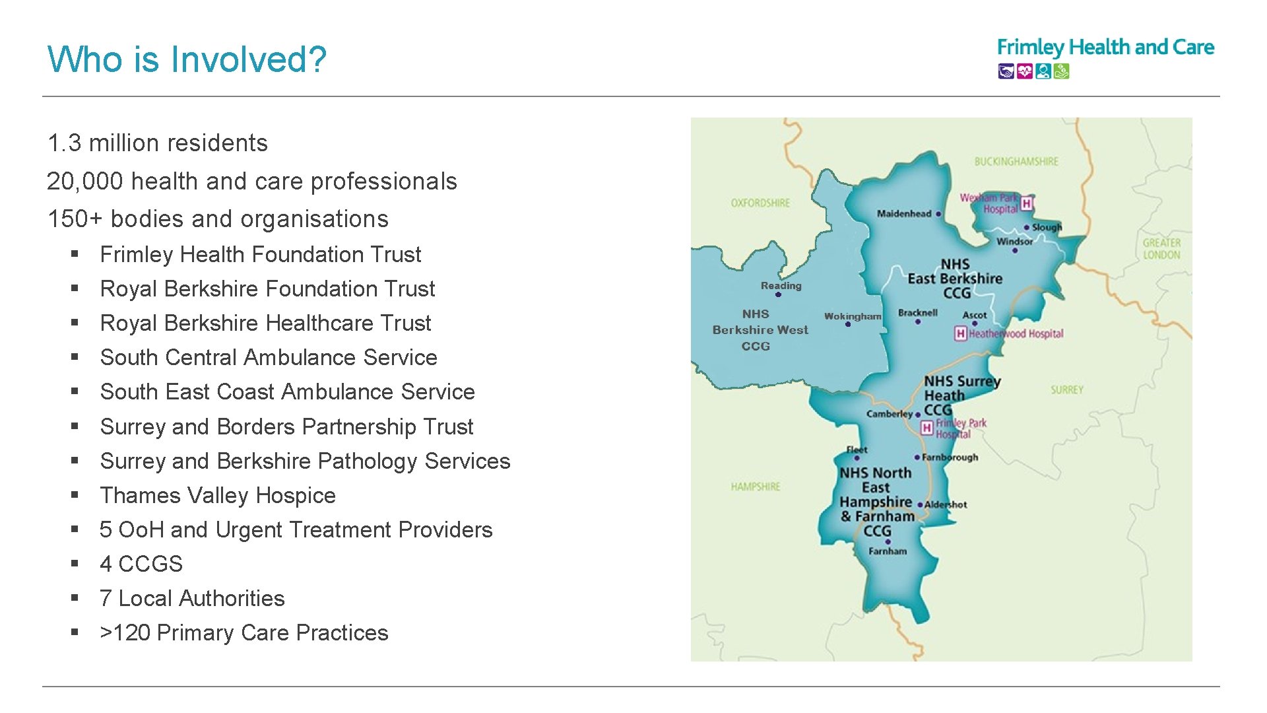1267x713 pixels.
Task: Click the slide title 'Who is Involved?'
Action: [x=187, y=59]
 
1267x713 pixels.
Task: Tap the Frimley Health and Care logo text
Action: [x=1105, y=48]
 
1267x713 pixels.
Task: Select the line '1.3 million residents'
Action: [x=157, y=143]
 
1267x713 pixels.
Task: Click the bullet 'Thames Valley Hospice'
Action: [x=218, y=495]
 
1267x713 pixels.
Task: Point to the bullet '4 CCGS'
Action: [x=141, y=564]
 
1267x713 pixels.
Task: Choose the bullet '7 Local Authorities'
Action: [x=192, y=598]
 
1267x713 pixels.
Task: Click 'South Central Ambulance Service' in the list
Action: [x=269, y=357]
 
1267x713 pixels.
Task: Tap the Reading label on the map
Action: [x=781, y=286]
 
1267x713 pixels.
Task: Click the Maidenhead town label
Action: [x=904, y=213]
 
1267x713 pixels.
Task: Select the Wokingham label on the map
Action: [x=852, y=316]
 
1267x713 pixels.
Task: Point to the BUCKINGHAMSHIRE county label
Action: [x=1016, y=161]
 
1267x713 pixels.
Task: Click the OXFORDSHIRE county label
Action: [x=760, y=203]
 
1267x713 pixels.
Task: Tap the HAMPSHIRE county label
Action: [x=756, y=487]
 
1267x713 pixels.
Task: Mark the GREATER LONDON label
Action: [x=1161, y=249]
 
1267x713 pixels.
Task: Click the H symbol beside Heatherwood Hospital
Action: [x=961, y=334]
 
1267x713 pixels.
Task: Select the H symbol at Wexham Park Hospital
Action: [x=1026, y=203]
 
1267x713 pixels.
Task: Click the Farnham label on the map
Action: [x=888, y=551]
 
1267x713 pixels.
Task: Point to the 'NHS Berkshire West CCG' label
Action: [x=760, y=329]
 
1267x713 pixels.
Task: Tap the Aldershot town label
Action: [x=946, y=505]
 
